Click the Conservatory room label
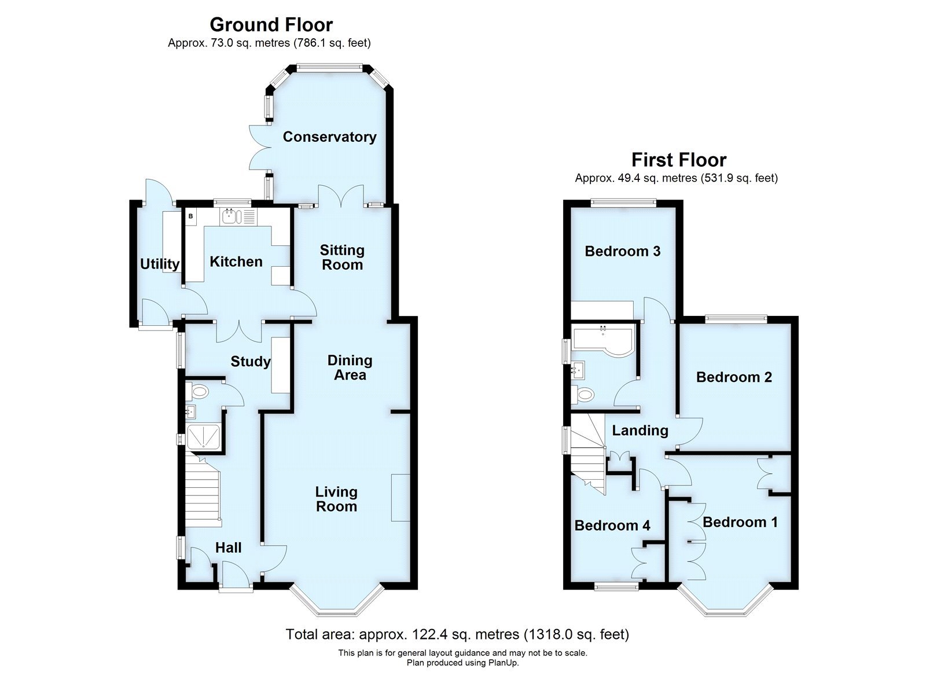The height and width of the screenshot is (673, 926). tap(329, 137)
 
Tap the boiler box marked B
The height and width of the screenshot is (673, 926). tap(191, 216)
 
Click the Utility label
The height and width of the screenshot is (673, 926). tap(160, 264)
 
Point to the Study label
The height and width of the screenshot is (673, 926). tap(251, 362)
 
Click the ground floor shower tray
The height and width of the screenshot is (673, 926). tap(204, 436)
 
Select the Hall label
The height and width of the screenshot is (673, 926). tap(228, 548)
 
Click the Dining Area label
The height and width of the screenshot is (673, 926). tap(350, 367)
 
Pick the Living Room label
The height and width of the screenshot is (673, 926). tap(336, 499)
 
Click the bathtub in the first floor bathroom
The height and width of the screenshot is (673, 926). tap(604, 340)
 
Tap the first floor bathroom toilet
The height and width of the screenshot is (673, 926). tap(582, 393)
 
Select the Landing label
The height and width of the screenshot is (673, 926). tap(640, 431)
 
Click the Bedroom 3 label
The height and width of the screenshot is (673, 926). tap(623, 251)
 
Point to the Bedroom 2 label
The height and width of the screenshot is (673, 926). tap(734, 377)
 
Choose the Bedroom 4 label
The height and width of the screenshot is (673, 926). tap(612, 525)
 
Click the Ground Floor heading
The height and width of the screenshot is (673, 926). tap(271, 25)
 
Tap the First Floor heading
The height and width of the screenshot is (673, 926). tap(679, 160)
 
